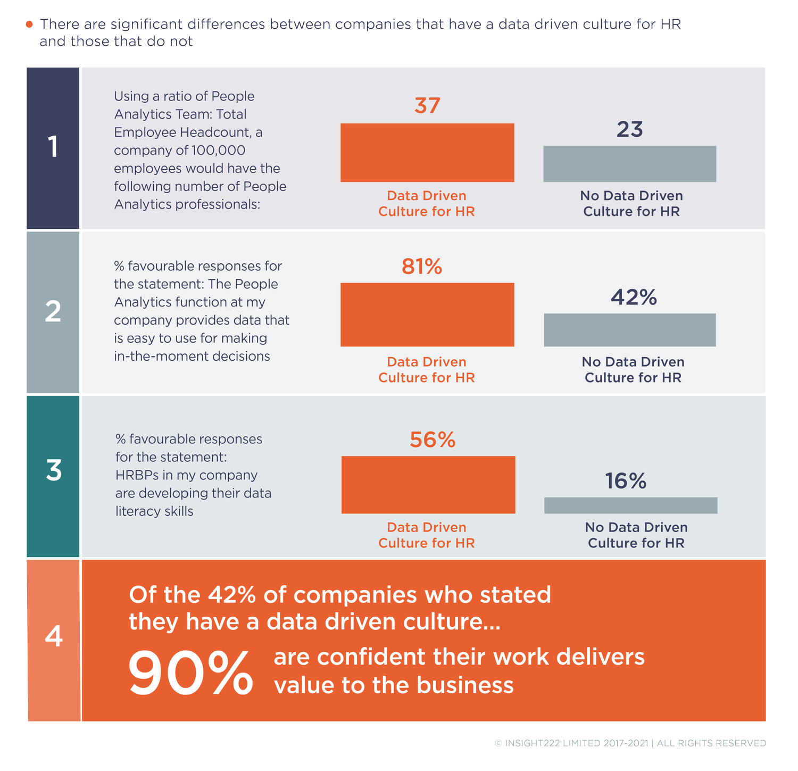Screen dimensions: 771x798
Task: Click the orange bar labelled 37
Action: point(427,153)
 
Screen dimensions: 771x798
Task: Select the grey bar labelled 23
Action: point(629,164)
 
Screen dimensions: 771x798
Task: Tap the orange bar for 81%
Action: point(427,314)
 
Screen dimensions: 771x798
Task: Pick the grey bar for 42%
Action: point(629,330)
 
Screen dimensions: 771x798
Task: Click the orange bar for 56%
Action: point(428,485)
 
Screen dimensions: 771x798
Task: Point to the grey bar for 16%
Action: point(630,505)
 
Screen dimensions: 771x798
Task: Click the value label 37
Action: point(427,106)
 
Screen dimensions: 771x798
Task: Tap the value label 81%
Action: point(422,267)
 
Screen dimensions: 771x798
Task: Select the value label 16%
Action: point(626,482)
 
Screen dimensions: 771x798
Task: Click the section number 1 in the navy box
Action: point(53,147)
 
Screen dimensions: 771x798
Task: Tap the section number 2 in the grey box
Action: point(53,312)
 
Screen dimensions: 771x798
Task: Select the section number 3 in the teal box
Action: point(53,471)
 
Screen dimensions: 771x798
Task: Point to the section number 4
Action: point(54,636)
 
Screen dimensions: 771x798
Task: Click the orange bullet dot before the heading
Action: point(30,24)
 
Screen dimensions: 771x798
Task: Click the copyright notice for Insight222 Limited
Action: point(630,743)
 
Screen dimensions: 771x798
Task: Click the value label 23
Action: point(630,130)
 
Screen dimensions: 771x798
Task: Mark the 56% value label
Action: point(433,440)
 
